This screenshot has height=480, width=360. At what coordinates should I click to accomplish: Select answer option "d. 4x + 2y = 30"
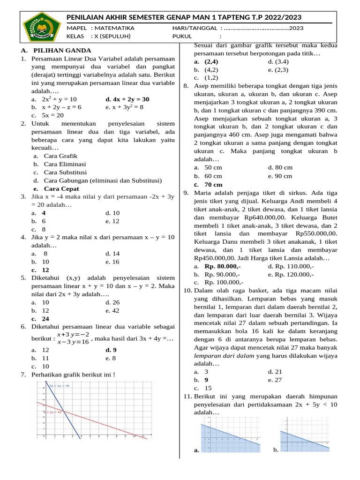(127, 99)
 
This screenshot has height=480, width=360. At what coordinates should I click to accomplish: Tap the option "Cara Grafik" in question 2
(60, 156)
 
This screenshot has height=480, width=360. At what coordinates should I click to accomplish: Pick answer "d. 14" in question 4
(112, 254)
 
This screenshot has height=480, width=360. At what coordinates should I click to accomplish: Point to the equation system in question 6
(73, 338)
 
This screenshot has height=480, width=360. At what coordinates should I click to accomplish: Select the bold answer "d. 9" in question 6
(111, 350)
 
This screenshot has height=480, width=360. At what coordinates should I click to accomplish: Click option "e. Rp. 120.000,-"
(291, 274)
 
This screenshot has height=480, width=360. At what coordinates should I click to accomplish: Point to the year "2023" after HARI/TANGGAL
(296, 28)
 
